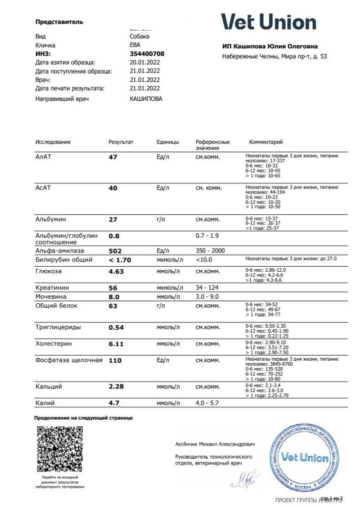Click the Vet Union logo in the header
tap(268, 22)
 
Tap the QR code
tap(60, 450)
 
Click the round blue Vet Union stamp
tap(304, 457)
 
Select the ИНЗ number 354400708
tap(147, 53)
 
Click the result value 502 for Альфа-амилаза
tap(116, 251)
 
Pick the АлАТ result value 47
tap(113, 157)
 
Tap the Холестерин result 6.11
tap(116, 344)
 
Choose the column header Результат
tap(121, 142)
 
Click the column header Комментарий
tap(265, 142)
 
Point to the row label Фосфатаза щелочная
tap(69, 360)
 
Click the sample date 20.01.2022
tap(145, 62)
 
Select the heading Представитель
tap(59, 22)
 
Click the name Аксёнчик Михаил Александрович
tap(215, 444)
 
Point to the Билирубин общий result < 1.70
tap(120, 260)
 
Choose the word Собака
tap(139, 37)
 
